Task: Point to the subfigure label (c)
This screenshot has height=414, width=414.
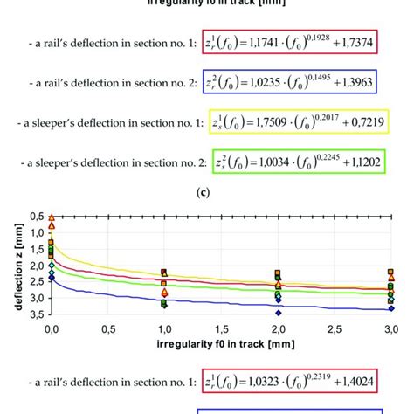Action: tap(207, 196)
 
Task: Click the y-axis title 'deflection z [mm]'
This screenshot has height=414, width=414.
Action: tap(11, 265)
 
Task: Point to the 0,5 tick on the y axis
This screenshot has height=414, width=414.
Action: tap(36, 216)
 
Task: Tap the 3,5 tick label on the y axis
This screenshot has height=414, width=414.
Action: tap(36, 314)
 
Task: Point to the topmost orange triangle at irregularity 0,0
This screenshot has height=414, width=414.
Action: tap(52, 217)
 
